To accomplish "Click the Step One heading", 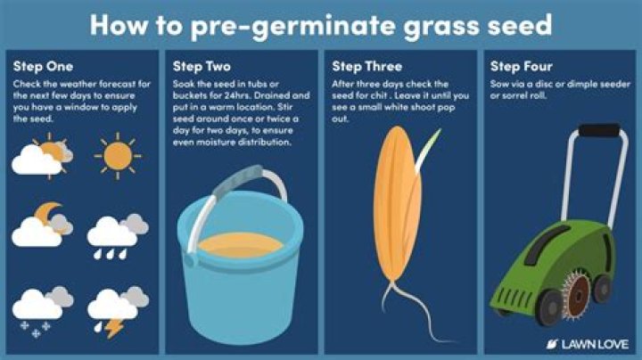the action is tap(43, 66).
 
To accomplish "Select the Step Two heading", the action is tap(202, 66).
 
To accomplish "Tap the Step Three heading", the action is tap(366, 66).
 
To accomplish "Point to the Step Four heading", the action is tap(522, 66).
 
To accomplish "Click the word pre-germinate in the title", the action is tap(294, 25).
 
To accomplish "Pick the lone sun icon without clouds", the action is tap(118, 156).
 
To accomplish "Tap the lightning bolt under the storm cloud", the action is tap(114, 328).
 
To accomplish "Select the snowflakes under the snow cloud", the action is tap(36, 330).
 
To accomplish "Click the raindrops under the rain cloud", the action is tap(111, 255).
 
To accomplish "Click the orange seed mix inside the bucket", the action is tap(241, 245).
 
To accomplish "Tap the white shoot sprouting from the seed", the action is tap(427, 150).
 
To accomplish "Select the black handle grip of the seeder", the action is tap(600, 130).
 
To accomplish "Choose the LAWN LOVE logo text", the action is tap(595, 344).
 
